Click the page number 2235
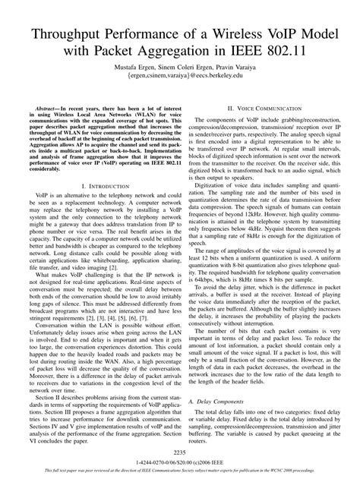point(180,452)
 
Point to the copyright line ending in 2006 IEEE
point(180,462)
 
